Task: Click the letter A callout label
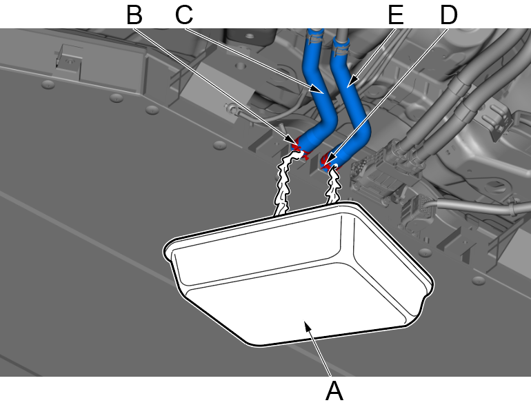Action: tap(334, 391)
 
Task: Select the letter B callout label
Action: tap(134, 15)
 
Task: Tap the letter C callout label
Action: tap(184, 15)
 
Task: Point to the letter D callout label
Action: tap(449, 15)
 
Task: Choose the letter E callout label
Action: tap(396, 15)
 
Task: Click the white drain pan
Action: tap(298, 274)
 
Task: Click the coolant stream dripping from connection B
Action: tap(285, 183)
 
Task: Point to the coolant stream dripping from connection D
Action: tap(333, 185)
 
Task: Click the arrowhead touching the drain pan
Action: tap(308, 328)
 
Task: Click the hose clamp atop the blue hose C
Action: tap(315, 37)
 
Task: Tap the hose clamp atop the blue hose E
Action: tap(341, 48)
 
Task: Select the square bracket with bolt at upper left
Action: tap(69, 61)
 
